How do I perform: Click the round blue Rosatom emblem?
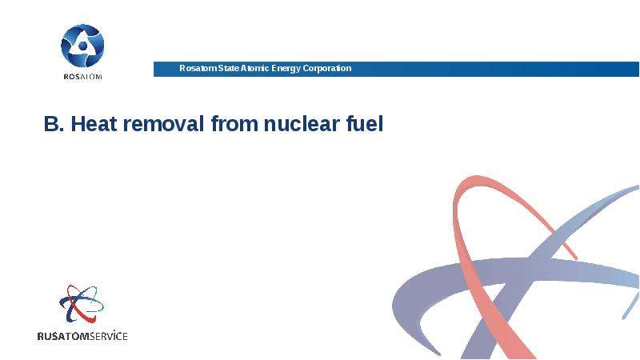pos(82,46)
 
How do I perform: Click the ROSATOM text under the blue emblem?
pos(82,76)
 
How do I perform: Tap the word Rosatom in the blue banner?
pos(198,68)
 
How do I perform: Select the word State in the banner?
pos(228,68)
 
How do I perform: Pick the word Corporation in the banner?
pos(327,69)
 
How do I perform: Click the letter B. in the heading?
pos(54,124)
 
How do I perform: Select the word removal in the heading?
pos(163,124)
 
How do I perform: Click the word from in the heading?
pos(234,124)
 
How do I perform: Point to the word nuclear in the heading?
pos(302,124)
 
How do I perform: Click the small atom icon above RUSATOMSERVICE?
pos(82,304)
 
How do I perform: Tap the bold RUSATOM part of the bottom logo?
pos(63,336)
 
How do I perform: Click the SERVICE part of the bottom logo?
pos(109,336)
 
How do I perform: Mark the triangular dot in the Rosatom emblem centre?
pos(82,46)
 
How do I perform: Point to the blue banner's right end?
pos(638,69)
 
